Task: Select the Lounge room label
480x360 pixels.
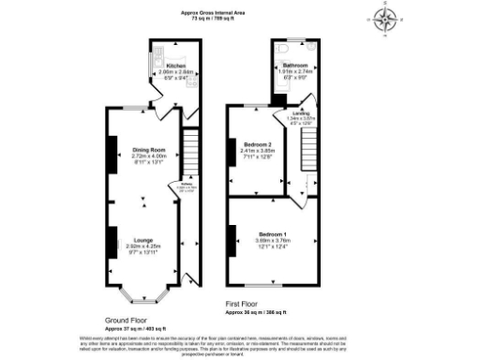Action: click(x=142, y=239)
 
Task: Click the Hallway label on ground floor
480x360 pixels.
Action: click(x=172, y=185)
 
